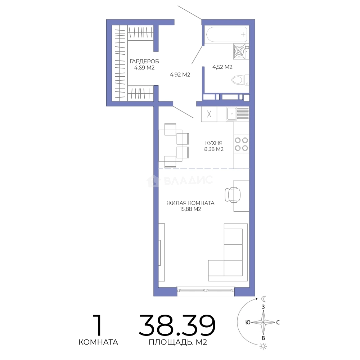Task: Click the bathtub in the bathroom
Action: pyautogui.click(x=227, y=34)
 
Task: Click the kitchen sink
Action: pyautogui.click(x=232, y=114)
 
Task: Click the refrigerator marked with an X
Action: pyautogui.click(x=209, y=114)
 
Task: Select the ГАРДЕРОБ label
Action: pyautogui.click(x=144, y=61)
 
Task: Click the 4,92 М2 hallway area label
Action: pyautogui.click(x=180, y=75)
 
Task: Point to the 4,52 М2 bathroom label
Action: pyautogui.click(x=222, y=67)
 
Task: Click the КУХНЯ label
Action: pyautogui.click(x=214, y=143)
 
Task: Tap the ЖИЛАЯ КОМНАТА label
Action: pyautogui.click(x=190, y=203)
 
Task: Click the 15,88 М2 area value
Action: pyautogui.click(x=190, y=209)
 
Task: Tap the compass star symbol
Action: pyautogui.click(x=263, y=322)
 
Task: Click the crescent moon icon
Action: pyautogui.click(x=264, y=299)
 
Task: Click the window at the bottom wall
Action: pyautogui.click(x=206, y=290)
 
